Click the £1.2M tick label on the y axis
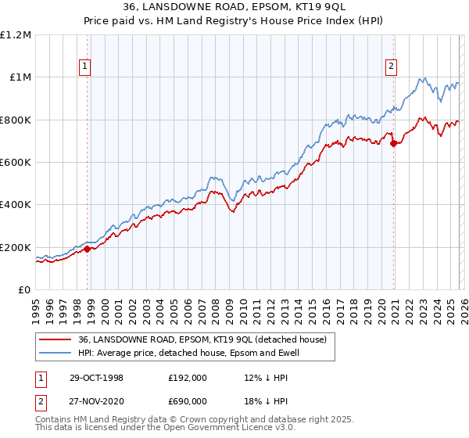point(16,34)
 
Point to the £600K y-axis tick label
point(16,162)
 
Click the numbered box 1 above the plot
point(84,67)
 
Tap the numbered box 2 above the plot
point(390,67)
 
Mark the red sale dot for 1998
point(88,249)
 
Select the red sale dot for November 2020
point(393,142)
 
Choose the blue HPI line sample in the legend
point(55,353)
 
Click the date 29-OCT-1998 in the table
point(96,377)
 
